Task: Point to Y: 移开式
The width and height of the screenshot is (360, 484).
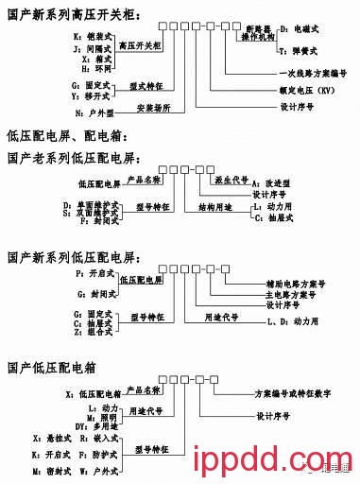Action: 82,95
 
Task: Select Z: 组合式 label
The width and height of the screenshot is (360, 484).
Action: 85,333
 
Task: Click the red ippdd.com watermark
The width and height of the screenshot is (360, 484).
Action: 249,463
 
